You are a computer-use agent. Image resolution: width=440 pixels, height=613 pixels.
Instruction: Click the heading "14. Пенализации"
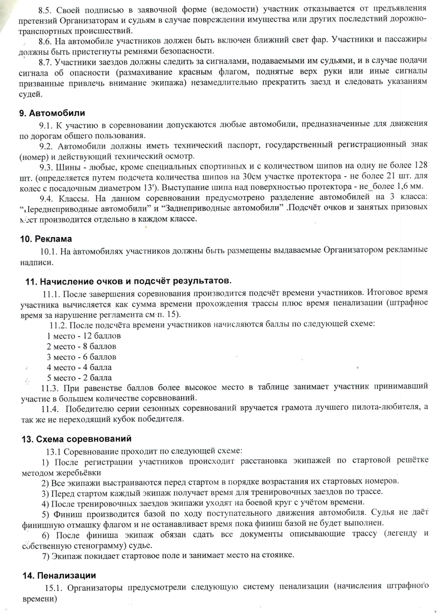click(59, 575)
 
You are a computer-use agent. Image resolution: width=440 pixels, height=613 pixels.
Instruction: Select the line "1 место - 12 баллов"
click(84, 336)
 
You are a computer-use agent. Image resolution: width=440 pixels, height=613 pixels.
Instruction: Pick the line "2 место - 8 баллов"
click(82, 346)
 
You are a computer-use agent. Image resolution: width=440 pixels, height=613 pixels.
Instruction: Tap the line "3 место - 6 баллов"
click(82, 357)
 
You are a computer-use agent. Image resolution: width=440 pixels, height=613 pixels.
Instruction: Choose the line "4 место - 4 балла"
click(80, 367)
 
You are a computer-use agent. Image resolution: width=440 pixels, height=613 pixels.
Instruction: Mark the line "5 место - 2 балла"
click(80, 378)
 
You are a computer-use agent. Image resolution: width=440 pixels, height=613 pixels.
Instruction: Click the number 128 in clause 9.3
click(418, 166)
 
